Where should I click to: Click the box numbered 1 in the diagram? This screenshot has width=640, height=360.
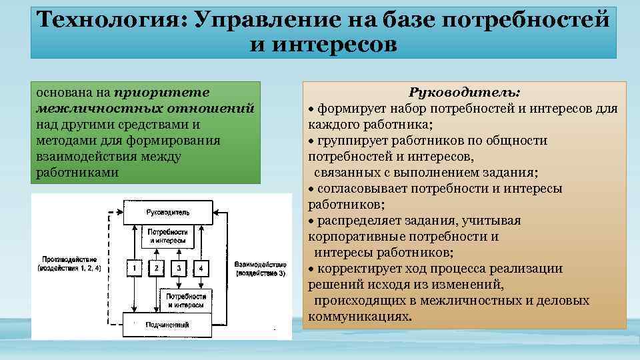point(134,268)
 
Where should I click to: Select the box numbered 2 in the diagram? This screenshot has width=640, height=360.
point(156,268)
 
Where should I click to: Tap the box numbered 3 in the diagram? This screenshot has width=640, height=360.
point(179,268)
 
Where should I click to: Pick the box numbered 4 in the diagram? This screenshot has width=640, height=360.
point(201,268)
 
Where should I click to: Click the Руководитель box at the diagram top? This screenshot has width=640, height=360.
point(167,212)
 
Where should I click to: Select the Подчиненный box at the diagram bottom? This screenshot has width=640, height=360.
point(167,325)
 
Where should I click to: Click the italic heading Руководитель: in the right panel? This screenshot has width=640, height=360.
point(465,92)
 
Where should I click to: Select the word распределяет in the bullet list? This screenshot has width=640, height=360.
point(355,221)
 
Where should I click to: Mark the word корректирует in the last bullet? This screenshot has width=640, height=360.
point(356,269)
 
